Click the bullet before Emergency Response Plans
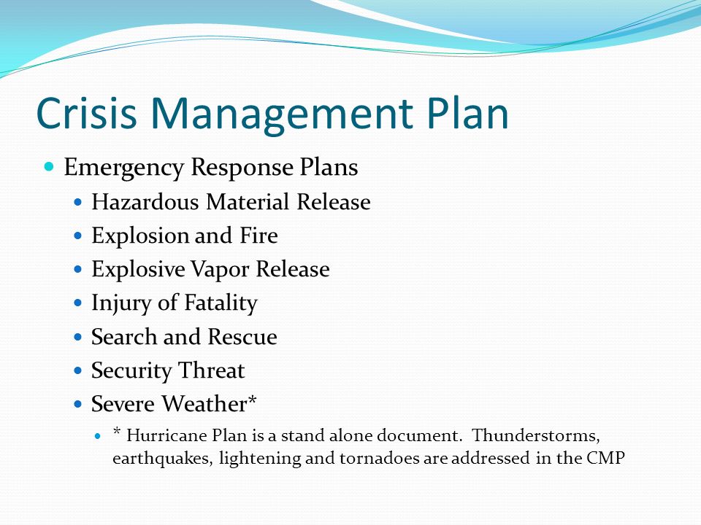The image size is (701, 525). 50,168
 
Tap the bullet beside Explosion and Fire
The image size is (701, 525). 79,236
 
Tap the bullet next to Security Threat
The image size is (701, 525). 79,370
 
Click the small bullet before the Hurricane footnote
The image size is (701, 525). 101,436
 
